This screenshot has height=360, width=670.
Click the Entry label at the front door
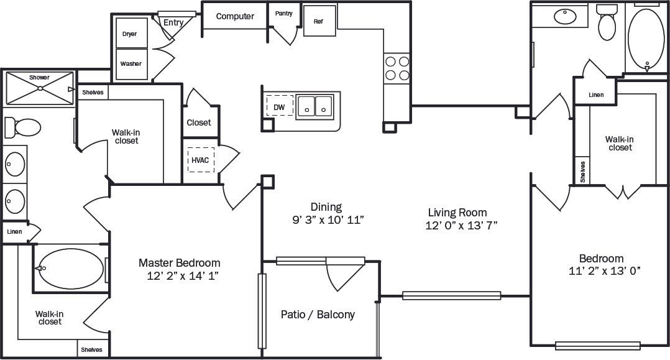click(x=173, y=23)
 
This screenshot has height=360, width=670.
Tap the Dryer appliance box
click(x=131, y=34)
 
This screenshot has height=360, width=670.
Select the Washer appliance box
click(x=131, y=64)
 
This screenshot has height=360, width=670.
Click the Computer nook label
click(x=235, y=16)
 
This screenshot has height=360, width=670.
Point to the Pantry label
click(x=284, y=13)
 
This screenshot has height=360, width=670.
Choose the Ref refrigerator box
click(x=318, y=22)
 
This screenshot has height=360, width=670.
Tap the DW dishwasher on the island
click(x=279, y=107)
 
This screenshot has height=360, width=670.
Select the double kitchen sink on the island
click(x=314, y=106)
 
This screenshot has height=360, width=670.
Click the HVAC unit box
click(x=201, y=160)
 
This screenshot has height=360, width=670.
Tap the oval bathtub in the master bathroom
click(x=70, y=268)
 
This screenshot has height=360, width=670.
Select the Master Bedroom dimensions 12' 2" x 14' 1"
click(x=179, y=276)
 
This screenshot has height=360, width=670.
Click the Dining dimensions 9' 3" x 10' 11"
click(x=327, y=219)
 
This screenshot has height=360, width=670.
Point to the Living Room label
click(x=456, y=212)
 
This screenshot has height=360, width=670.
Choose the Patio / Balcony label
click(x=318, y=315)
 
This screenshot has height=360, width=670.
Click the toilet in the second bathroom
click(x=607, y=24)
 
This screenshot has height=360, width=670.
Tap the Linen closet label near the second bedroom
click(x=595, y=95)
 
